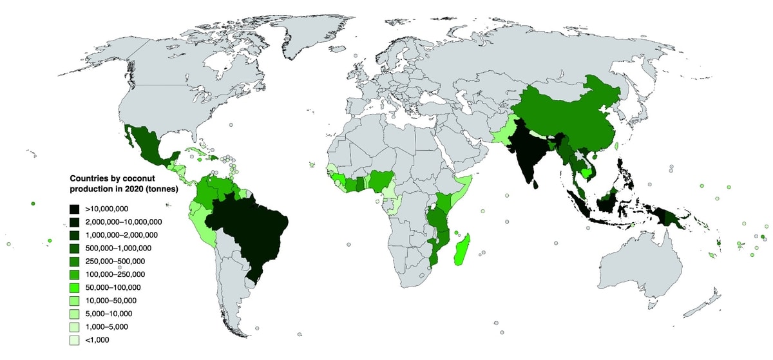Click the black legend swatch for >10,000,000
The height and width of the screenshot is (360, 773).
tap(75, 209)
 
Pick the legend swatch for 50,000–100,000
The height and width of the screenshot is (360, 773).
tap(75, 287)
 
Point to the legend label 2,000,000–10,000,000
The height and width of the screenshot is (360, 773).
tap(123, 222)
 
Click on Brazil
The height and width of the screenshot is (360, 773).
tap(251, 232)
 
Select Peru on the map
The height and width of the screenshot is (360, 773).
tap(204, 222)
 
